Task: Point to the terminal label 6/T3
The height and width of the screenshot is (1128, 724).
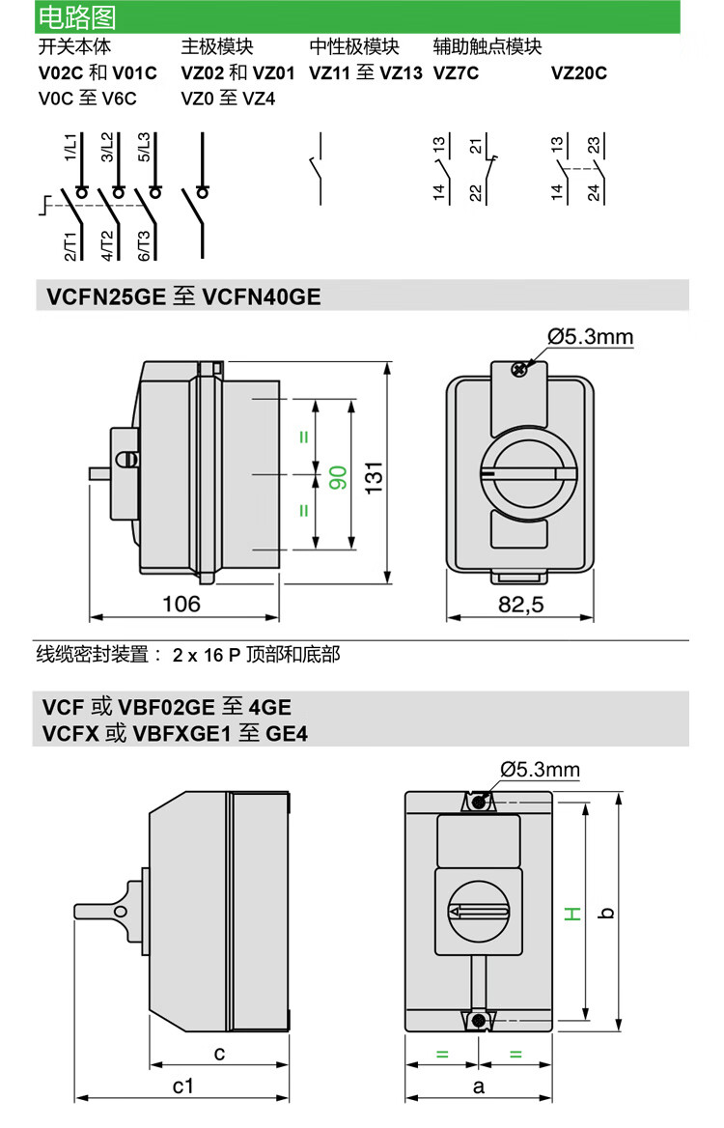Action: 144,245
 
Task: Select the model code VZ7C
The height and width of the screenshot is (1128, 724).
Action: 456,72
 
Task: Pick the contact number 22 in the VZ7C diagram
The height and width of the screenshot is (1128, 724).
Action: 475,191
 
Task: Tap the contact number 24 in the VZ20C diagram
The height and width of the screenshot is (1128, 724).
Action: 594,191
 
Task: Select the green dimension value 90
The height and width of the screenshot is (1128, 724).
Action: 338,475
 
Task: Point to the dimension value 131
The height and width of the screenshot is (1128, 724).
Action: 374,475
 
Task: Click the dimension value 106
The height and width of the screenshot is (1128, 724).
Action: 181,604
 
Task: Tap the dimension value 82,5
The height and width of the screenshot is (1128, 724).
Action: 521,605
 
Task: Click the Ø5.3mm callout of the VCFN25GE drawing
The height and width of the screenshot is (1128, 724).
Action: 590,336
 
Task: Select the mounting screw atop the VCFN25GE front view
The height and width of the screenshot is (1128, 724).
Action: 519,368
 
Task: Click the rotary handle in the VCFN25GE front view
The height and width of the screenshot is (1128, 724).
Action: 520,476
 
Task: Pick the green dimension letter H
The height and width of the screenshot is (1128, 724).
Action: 572,912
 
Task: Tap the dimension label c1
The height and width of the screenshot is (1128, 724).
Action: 182,1086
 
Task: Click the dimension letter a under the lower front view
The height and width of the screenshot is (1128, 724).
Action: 478,1086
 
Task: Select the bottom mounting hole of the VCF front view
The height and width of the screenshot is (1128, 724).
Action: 479,1020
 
